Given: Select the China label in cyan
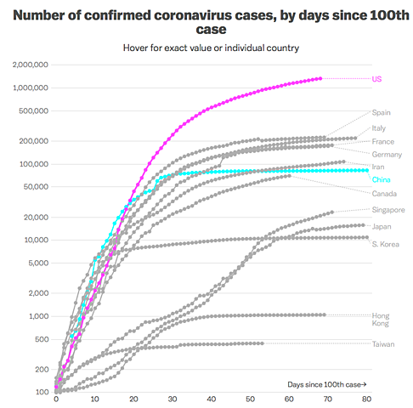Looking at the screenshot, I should [382, 180].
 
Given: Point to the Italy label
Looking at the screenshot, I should [379, 128].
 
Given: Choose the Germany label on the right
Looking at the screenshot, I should [386, 154].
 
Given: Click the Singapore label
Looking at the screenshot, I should [388, 210].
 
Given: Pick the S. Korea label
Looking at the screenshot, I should [385, 244].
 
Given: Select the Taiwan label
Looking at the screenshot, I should [382, 343].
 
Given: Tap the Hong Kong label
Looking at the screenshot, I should [382, 320].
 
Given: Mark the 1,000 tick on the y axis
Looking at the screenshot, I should [37, 316].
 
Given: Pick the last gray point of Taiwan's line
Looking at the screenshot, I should [262, 343].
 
